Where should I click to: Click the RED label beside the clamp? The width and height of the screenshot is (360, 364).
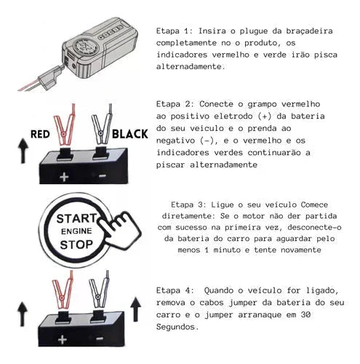[x=40, y=134]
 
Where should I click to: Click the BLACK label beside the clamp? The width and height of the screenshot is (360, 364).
[x=130, y=134]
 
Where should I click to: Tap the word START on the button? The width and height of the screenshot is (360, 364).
[x=76, y=218]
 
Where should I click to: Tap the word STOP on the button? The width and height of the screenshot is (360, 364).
[x=76, y=245]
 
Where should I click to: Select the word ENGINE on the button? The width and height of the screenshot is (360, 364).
[x=76, y=232]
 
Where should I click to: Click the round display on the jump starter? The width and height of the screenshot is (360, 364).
[x=84, y=45]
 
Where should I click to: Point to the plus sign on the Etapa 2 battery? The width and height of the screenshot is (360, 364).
[x=64, y=177]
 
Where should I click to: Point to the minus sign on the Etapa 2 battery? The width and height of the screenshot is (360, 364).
[x=103, y=175]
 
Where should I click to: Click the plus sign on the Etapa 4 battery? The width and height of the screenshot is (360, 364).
[x=63, y=339]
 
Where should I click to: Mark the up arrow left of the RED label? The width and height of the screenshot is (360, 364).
[x=23, y=151]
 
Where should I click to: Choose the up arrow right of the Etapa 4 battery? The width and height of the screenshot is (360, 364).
[x=136, y=309]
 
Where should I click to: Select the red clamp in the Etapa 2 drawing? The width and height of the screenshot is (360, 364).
[x=65, y=125]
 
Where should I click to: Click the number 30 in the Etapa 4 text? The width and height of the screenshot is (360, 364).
[x=305, y=314]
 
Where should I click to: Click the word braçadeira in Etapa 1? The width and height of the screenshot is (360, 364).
[x=309, y=31]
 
